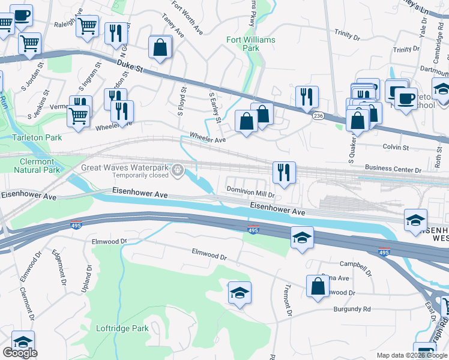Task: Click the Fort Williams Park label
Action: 250,44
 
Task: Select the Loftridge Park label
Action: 123,328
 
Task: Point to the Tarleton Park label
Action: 37,137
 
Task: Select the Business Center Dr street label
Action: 393,169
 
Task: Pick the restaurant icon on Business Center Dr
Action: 284,172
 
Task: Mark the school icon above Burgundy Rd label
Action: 240,293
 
